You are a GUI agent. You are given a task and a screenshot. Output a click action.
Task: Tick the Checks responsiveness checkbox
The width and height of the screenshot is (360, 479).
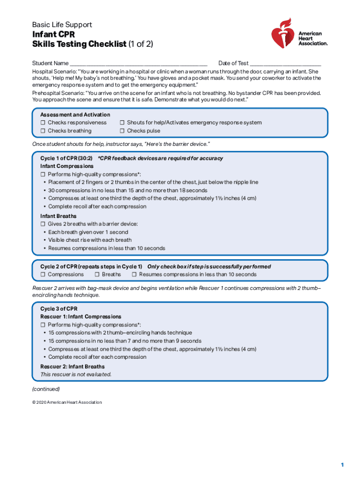pyautogui.click(x=43, y=123)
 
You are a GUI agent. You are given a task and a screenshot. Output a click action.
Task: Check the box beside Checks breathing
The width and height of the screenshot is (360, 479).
pyautogui.click(x=43, y=131)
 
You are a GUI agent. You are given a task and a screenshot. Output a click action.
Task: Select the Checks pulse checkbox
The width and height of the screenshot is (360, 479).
pyautogui.click(x=122, y=131)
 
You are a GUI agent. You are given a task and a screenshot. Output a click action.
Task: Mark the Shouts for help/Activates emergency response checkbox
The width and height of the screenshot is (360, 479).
pyautogui.click(x=122, y=123)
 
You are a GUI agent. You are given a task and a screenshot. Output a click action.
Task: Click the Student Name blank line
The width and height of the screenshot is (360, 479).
pyautogui.click(x=138, y=64)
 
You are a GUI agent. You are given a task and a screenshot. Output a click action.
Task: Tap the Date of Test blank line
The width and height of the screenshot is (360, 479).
pyautogui.click(x=285, y=64)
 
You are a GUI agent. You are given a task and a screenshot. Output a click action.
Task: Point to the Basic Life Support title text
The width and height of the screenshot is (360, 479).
pyautogui.click(x=62, y=24)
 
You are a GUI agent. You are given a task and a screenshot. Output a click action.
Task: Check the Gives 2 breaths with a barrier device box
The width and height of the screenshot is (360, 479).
pyautogui.click(x=43, y=224)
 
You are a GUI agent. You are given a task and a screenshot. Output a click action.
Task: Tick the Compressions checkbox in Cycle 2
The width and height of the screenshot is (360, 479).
pyautogui.click(x=43, y=275)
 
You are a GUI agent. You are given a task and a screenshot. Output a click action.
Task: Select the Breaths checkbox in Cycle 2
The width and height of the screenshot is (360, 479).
pyautogui.click(x=97, y=275)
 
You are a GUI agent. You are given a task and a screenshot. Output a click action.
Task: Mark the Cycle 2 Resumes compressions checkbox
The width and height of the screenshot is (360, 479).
pyautogui.click(x=134, y=275)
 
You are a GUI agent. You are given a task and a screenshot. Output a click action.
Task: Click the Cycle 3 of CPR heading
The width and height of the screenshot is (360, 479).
pyautogui.click(x=59, y=309)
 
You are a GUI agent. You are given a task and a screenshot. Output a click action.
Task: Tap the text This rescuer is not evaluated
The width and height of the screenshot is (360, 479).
pyautogui.click(x=76, y=374)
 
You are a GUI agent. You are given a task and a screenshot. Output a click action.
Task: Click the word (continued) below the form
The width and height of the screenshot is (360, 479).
pyautogui.click(x=46, y=389)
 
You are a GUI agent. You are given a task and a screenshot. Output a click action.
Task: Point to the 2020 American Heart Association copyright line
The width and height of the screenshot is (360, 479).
pyautogui.click(x=67, y=402)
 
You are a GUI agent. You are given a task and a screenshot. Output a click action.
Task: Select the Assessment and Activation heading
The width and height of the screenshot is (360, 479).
pyautogui.click(x=75, y=115)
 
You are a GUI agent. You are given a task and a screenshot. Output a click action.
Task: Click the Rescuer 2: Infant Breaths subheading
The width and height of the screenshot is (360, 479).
pyautogui.click(x=72, y=366)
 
